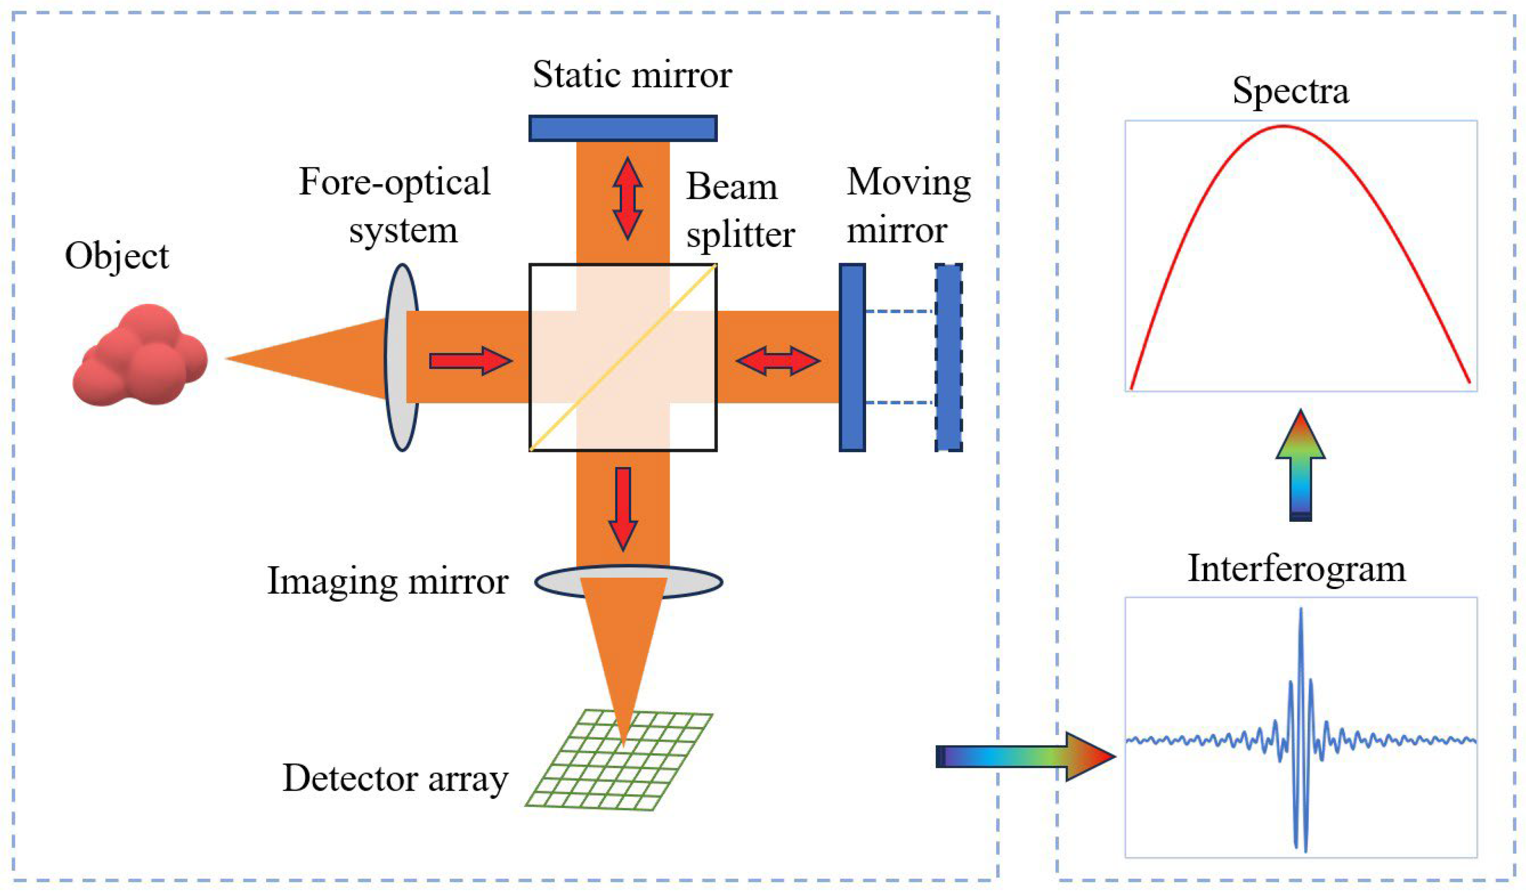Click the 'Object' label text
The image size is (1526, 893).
click(x=117, y=256)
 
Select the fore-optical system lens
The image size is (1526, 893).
click(x=401, y=357)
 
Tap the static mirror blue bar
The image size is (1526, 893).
click(x=622, y=129)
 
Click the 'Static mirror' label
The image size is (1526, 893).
click(x=632, y=75)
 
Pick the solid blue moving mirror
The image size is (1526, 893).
click(x=852, y=357)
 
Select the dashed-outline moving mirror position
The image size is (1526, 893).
click(x=948, y=357)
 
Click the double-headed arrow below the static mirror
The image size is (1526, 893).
click(x=627, y=199)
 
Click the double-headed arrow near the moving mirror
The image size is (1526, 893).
click(x=778, y=361)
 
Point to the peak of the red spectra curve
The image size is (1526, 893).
click(x=1283, y=127)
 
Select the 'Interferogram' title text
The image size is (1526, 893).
click(x=1296, y=569)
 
